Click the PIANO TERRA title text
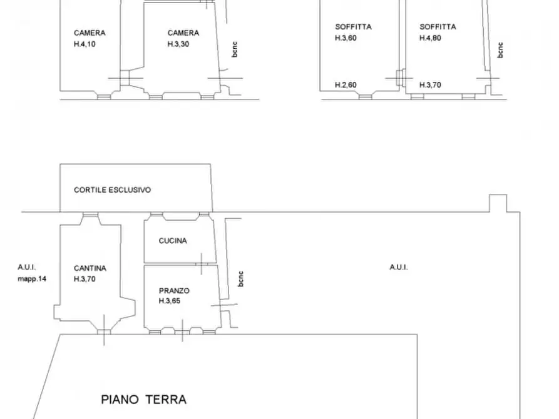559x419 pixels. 144,399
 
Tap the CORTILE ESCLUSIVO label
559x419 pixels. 112,190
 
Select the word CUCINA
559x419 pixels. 173,241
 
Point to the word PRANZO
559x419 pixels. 174,291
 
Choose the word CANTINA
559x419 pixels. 90,268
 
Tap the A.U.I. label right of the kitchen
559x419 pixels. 398,267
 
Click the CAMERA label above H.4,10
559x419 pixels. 90,33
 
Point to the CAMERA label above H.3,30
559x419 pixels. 183,33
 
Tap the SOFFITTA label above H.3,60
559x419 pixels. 353,27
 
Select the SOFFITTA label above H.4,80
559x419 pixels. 438,27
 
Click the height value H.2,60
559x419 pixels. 346,85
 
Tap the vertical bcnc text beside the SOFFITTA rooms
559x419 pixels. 500,50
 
